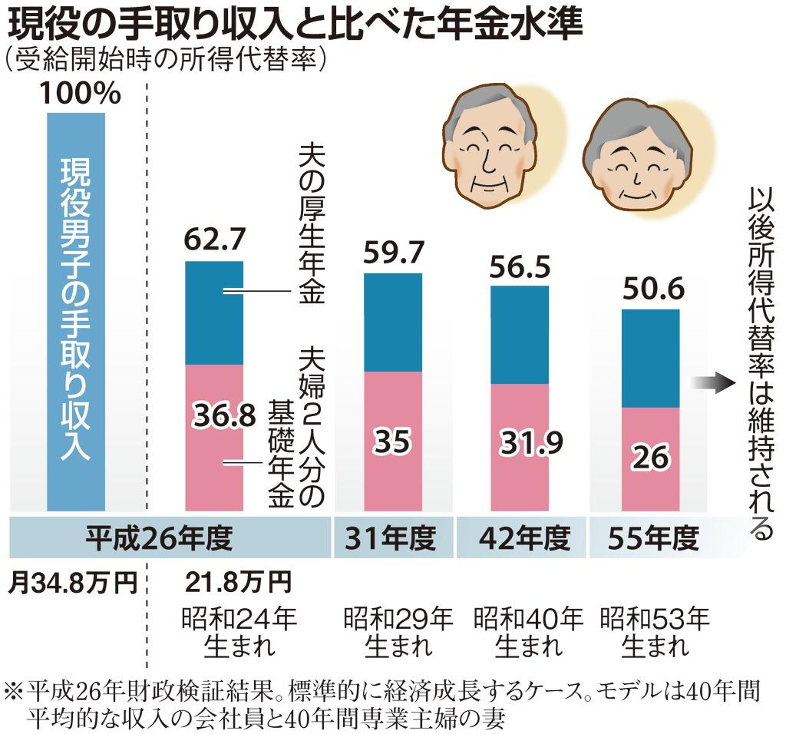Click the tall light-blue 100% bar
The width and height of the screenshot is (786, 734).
point(75,311)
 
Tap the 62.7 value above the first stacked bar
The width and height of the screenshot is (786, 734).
point(214,240)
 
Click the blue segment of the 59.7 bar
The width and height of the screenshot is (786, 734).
point(392,322)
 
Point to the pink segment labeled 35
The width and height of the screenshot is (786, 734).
point(392,441)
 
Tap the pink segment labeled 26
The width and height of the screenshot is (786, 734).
point(649,459)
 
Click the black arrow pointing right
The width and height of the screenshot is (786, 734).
point(713,383)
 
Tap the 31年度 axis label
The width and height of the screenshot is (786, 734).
point(393,538)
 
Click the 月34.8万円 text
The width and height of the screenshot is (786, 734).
point(72,583)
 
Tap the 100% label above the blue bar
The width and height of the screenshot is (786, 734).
point(80,94)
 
